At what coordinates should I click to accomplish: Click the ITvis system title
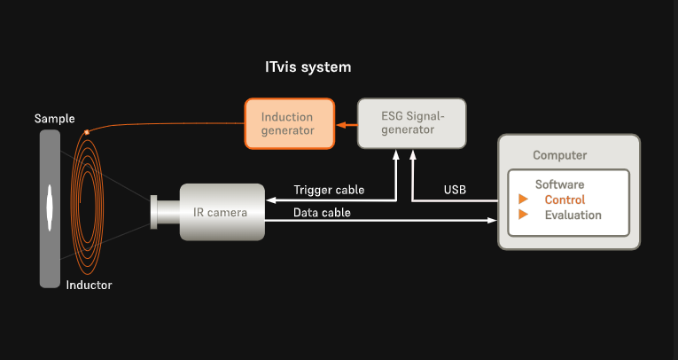coord(308,67)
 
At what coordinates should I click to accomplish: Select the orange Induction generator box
coord(289,124)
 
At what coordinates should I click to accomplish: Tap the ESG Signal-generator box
coord(411,123)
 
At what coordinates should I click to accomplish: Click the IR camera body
coord(222,212)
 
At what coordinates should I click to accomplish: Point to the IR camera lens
coord(164,212)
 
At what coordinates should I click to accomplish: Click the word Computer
coord(559,155)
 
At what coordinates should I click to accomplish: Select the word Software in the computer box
coord(559,184)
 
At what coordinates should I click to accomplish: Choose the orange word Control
coord(565,200)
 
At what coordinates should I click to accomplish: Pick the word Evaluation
coord(573,215)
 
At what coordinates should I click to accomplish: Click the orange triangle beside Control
coord(523,199)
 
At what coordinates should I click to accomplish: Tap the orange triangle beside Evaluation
coord(523,215)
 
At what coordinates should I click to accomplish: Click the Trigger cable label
coord(329,190)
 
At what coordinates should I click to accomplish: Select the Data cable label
coord(322,213)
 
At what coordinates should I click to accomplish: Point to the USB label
coord(455,190)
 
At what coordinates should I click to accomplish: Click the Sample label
coord(54,119)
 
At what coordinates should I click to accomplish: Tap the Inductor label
coord(90,285)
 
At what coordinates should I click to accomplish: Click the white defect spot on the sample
coord(50,207)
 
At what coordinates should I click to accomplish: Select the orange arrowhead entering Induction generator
coord(340,125)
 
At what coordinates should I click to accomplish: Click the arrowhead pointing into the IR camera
coord(271,200)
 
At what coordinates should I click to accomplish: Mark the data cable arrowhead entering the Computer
coord(492,220)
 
